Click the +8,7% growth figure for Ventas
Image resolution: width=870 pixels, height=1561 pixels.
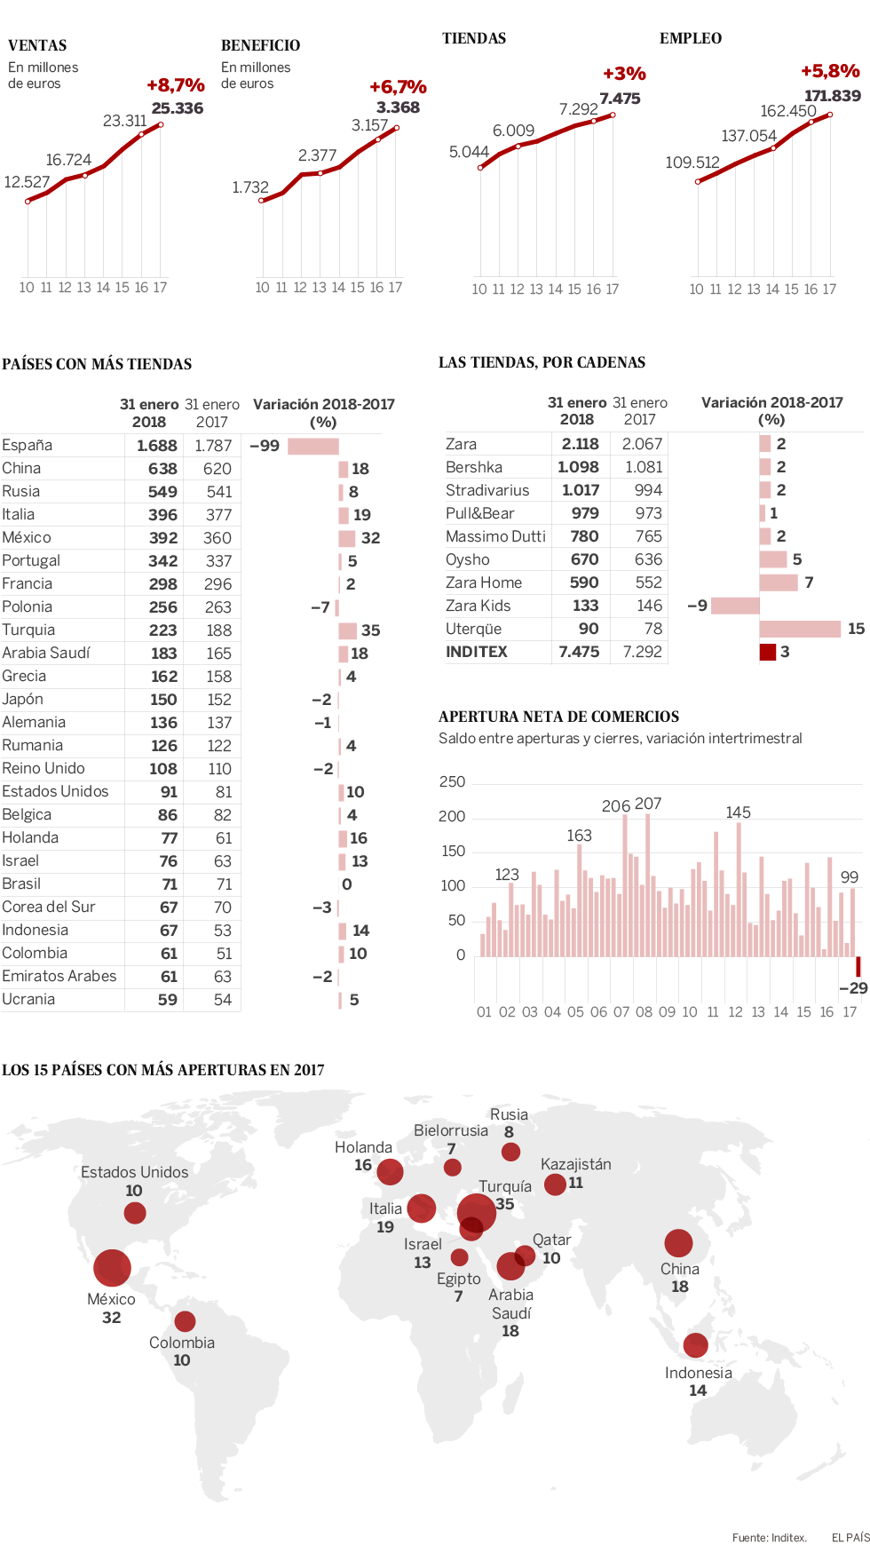(175, 85)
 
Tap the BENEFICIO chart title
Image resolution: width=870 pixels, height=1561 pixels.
(260, 45)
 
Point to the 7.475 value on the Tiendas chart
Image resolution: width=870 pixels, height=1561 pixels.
(620, 99)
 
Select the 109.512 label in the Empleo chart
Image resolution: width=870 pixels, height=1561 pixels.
(692, 162)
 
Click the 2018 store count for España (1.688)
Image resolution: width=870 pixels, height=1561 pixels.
(156, 446)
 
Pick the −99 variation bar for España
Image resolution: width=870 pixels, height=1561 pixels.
(312, 446)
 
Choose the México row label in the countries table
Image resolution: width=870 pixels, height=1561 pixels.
(27, 538)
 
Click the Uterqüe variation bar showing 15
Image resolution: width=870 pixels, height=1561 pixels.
(800, 629)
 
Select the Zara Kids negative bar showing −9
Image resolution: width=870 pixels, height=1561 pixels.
(735, 606)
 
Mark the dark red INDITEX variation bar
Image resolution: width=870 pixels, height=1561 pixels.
(768, 652)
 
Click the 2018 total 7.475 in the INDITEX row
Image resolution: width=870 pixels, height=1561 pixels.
(579, 652)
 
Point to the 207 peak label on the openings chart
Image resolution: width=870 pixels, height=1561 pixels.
(648, 804)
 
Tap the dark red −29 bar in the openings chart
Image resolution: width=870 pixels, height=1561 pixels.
(858, 966)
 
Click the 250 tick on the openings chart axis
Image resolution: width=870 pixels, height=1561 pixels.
(452, 782)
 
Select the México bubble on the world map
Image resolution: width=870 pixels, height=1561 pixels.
(112, 1268)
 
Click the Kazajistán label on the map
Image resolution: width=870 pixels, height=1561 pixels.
(575, 1164)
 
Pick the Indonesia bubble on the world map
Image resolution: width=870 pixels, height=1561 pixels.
(696, 1345)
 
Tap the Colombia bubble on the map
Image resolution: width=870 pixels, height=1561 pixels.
(185, 1321)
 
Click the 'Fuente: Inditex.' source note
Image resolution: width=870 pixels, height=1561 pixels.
(769, 1538)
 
